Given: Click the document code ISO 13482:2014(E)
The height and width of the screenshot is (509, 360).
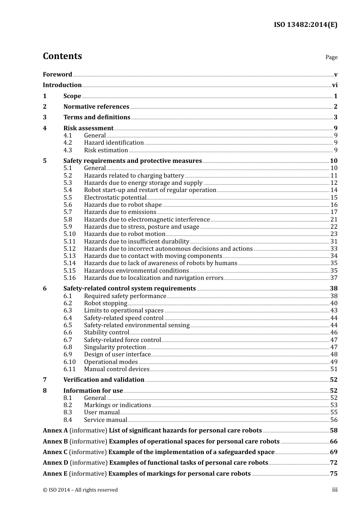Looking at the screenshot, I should click(305, 25).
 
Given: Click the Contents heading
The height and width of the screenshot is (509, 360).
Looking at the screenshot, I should click(62, 56).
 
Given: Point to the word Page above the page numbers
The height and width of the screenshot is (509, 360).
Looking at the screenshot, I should click(331, 57).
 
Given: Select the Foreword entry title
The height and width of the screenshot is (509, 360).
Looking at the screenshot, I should click(57, 74).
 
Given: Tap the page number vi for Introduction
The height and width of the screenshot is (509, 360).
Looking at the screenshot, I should click(334, 85).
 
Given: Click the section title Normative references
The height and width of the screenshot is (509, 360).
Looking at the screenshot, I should click(96, 107).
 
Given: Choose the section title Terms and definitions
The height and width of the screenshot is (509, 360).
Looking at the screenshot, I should click(97, 117).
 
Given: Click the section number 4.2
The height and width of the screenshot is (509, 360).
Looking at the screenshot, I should click(67, 143).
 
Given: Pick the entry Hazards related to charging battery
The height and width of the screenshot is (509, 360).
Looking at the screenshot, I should click(134, 176).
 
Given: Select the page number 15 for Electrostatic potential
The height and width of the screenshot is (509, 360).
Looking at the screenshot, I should click(333, 198).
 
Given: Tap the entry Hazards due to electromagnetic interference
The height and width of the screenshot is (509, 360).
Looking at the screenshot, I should click(147, 220).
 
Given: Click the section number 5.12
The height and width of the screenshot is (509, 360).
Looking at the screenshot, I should click(69, 249).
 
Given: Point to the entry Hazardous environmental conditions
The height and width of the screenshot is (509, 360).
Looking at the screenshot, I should click(136, 271).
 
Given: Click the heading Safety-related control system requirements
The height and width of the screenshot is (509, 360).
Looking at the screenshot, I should click(129, 289).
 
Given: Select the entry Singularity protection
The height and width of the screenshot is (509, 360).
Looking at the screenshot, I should click(115, 347).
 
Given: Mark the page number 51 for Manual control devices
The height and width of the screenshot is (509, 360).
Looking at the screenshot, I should click(333, 369).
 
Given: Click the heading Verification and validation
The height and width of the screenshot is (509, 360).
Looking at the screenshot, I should click(103, 380).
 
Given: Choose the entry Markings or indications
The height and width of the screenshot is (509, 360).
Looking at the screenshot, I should click(117, 405).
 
